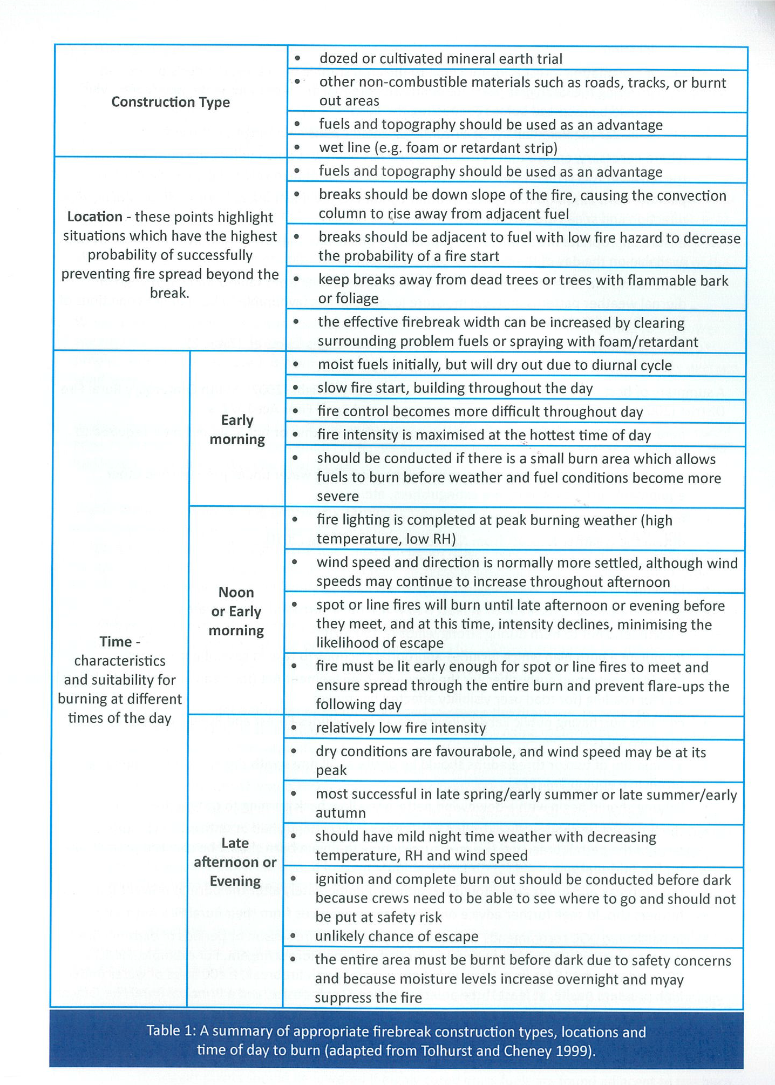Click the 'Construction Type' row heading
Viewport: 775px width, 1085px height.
(x=171, y=102)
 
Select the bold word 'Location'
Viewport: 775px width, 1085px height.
(x=94, y=217)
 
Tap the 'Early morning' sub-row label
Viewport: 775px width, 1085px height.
(x=237, y=430)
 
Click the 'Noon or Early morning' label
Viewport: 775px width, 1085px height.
(x=236, y=611)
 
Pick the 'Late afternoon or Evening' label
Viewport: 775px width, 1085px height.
(x=235, y=862)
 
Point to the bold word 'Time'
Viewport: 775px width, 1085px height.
(x=115, y=641)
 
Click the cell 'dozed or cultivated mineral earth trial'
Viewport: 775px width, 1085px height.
(x=440, y=59)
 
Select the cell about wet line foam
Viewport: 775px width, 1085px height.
(x=438, y=148)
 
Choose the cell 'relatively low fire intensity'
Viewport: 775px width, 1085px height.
(x=400, y=728)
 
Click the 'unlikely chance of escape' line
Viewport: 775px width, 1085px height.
(x=397, y=936)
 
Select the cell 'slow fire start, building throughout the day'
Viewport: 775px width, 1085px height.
(x=455, y=389)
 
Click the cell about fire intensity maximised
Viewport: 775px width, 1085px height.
(x=484, y=435)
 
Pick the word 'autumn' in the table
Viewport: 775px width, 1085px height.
(x=341, y=813)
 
